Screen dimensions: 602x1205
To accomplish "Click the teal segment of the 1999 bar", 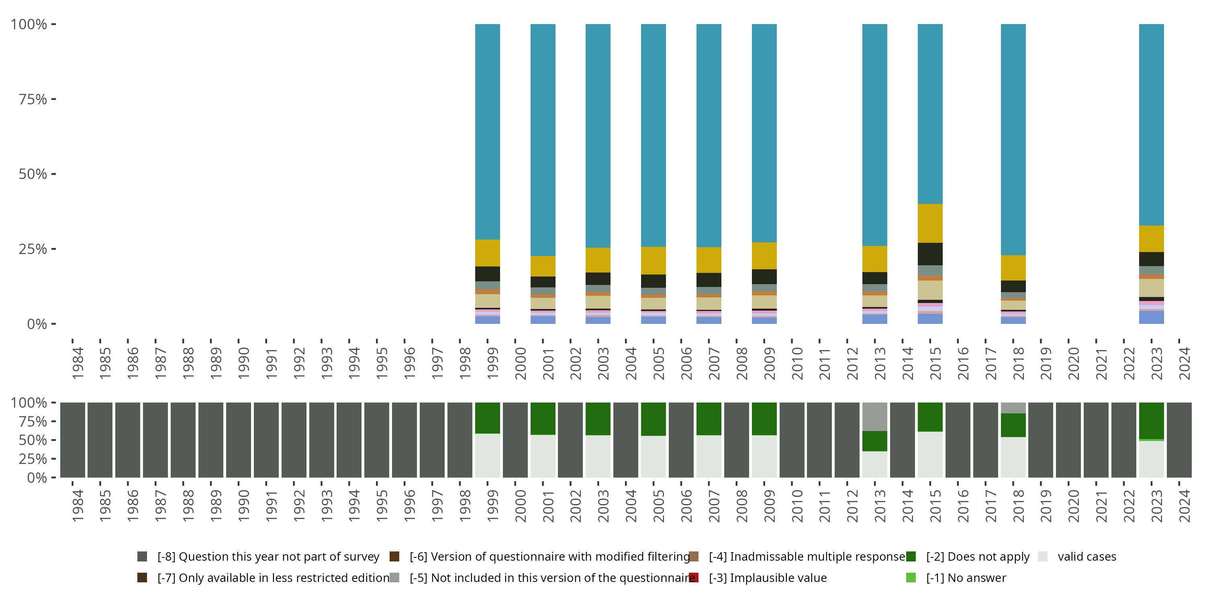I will coord(488,131).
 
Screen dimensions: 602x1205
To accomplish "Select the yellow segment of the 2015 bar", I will coord(930,223).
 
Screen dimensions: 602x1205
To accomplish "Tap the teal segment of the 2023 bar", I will coord(1151,124).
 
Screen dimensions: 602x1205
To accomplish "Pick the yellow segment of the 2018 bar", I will coord(1013,267).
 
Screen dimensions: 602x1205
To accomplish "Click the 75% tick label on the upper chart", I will coord(33,99).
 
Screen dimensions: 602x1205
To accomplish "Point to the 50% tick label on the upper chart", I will coord(33,174).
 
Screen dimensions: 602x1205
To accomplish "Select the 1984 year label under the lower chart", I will coord(78,506).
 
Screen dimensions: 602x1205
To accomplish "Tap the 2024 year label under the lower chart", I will coord(1185,506).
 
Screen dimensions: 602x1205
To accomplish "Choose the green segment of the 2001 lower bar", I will coord(543,418).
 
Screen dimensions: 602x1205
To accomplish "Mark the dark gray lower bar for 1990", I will coord(239,440).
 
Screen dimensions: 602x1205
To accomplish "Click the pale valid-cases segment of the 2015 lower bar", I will coord(930,454).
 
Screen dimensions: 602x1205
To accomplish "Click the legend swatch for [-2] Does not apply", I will coord(911,556).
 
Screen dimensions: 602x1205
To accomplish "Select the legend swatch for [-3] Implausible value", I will coord(694,578).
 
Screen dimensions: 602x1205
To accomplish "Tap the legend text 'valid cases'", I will coord(1087,556).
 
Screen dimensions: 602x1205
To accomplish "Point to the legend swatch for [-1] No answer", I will coord(911,578).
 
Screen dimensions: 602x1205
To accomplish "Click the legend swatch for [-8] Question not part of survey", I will coord(142,556).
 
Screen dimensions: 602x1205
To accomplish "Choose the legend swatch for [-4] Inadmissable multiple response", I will coord(694,556).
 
